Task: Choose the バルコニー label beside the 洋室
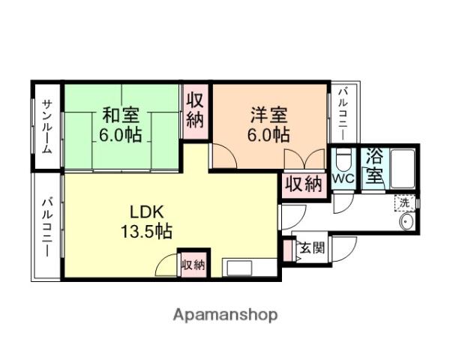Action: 342,113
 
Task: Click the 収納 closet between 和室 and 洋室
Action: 195,109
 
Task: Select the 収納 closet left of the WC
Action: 304,183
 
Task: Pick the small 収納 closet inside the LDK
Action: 193,264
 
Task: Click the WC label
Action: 343,179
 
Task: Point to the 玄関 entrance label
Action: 313,247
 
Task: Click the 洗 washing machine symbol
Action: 404,202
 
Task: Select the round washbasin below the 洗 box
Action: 407,222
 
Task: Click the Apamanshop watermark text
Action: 225,314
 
